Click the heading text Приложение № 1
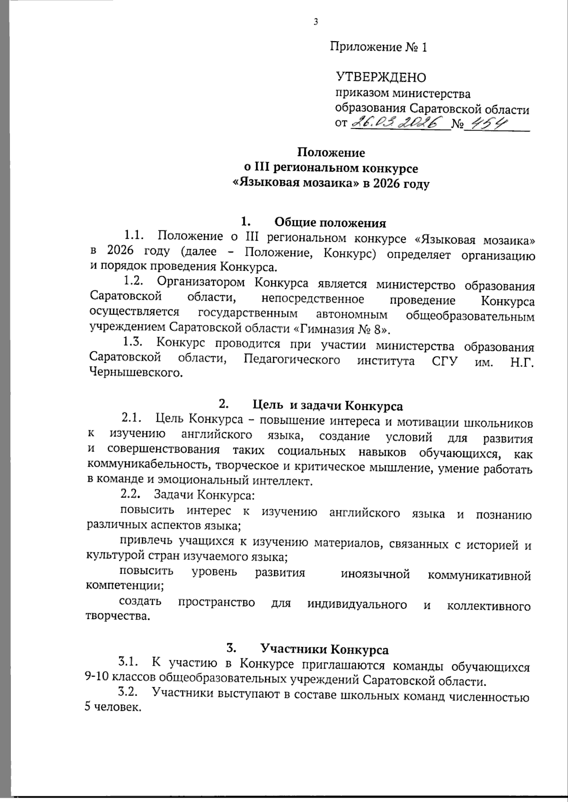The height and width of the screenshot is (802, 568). pyautogui.click(x=378, y=47)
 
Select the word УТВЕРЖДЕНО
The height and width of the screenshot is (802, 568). pyautogui.click(x=381, y=78)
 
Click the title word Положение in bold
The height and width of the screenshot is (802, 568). pyautogui.click(x=331, y=153)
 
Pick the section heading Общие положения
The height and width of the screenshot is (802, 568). pyautogui.click(x=330, y=222)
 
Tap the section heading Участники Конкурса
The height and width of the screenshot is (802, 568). pyautogui.click(x=324, y=649)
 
